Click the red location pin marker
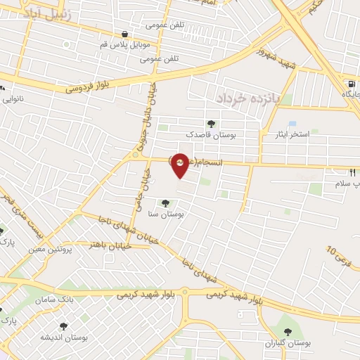click(x=180, y=165)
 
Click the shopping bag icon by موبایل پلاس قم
click(x=124, y=33)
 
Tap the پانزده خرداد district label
click(x=248, y=98)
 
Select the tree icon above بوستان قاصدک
click(x=212, y=124)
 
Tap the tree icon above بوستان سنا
click(x=166, y=204)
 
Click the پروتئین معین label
click(x=52, y=249)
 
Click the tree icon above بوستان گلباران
click(x=287, y=330)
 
